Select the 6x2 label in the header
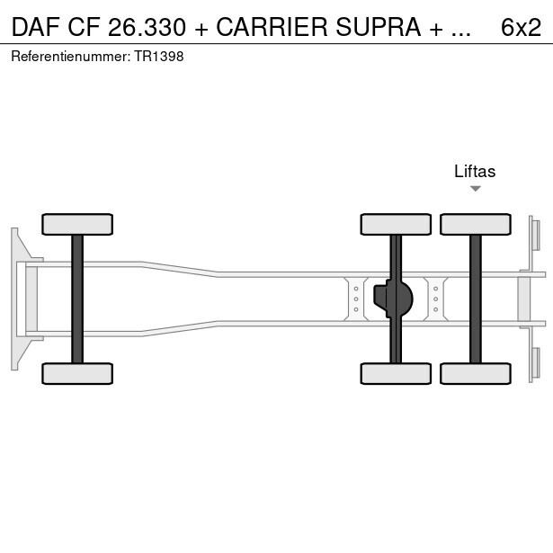pyautogui.click(x=521, y=28)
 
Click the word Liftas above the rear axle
pyautogui.click(x=475, y=172)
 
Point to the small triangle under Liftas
pyautogui.click(x=476, y=189)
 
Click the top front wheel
pyautogui.click(x=77, y=224)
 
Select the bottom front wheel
pyautogui.click(x=77, y=373)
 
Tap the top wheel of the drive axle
pyautogui.click(x=395, y=224)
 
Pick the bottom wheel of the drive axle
pyautogui.click(x=395, y=373)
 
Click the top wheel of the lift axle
pyautogui.click(x=475, y=224)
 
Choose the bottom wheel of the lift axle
pyautogui.click(x=475, y=373)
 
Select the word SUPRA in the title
pyautogui.click(x=377, y=28)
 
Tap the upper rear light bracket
pyautogui.click(x=534, y=235)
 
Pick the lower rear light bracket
pyautogui.click(x=534, y=362)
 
